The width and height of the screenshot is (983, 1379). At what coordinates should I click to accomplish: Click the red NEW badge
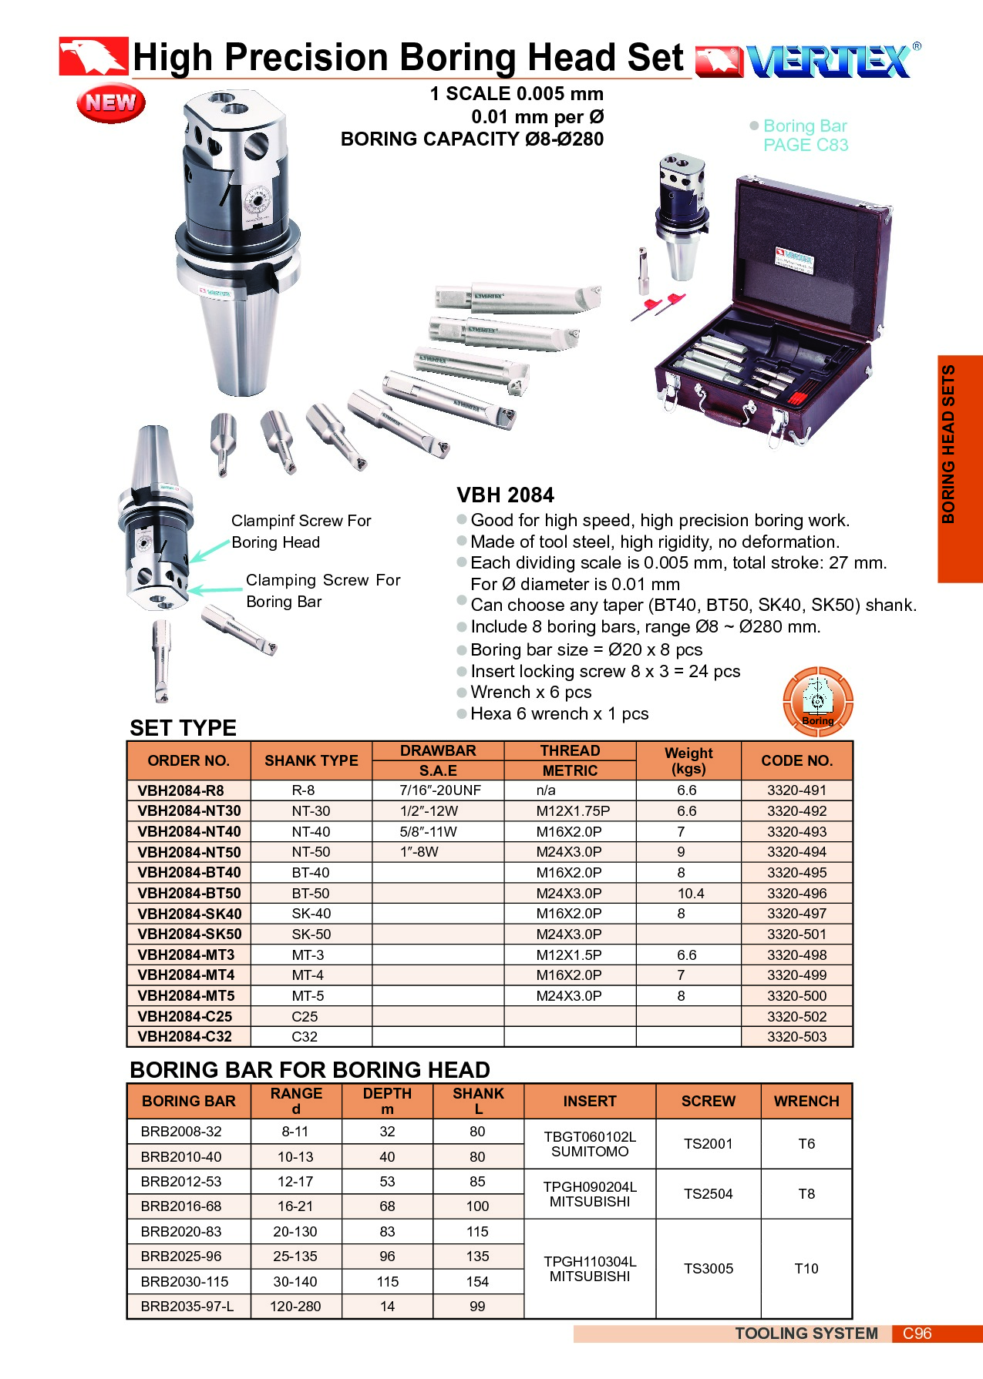[111, 102]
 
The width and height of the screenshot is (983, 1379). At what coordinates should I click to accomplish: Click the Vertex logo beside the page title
[808, 60]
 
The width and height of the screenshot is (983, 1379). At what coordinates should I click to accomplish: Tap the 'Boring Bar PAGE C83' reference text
[805, 135]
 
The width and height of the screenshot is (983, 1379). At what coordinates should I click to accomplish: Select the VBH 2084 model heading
[505, 495]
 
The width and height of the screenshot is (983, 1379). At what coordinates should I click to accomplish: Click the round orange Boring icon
[818, 701]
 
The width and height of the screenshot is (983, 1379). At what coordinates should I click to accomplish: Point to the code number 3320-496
[796, 893]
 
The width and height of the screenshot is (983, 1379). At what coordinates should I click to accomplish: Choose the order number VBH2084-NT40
[189, 831]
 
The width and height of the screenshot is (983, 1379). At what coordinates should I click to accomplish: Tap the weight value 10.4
[691, 893]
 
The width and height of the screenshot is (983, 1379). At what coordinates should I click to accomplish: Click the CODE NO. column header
[797, 760]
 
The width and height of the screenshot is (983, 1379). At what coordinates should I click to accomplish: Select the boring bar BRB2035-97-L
[187, 1307]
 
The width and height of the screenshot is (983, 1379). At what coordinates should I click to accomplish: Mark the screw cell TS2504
[709, 1193]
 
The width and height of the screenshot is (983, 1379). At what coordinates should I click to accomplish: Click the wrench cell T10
[806, 1268]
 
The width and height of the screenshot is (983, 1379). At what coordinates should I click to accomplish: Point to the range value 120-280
[295, 1307]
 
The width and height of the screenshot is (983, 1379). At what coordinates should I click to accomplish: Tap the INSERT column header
[590, 1101]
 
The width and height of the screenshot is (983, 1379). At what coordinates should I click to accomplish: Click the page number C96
[917, 1334]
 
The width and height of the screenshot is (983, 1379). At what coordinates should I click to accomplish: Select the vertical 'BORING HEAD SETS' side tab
[949, 444]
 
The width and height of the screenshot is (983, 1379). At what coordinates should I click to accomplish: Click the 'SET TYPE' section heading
[183, 728]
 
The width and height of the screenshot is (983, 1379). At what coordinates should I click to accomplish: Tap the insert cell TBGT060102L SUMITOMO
[590, 1144]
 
